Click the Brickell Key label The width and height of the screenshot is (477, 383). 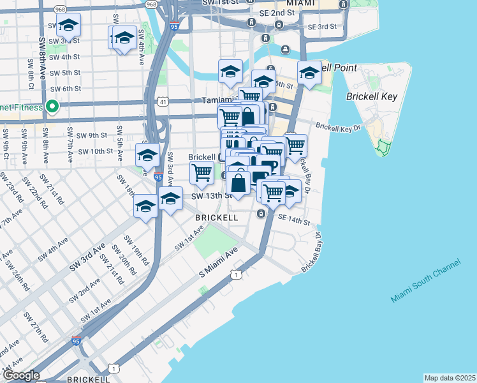click(x=372, y=97)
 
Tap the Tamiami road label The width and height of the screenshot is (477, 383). click(x=217, y=100)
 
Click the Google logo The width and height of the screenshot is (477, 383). click(x=21, y=375)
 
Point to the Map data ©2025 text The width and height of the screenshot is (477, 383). click(x=450, y=378)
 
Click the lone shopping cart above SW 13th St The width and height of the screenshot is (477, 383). click(x=202, y=172)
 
